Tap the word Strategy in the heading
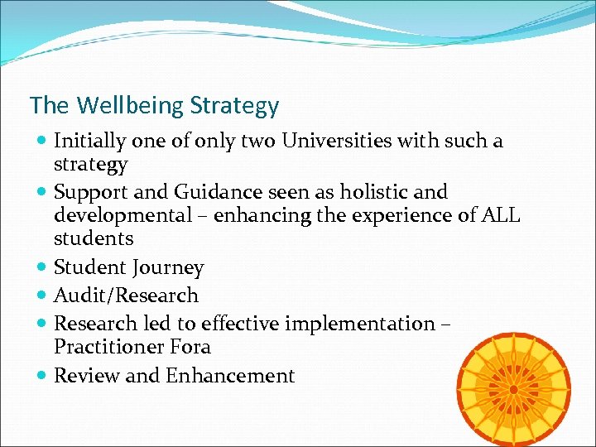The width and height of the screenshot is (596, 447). (x=234, y=107)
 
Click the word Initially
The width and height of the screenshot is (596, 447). (x=92, y=141)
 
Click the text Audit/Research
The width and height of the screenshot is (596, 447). (x=126, y=295)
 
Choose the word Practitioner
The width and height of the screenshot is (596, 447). (x=109, y=346)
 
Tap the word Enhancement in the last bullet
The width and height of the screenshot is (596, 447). (x=230, y=376)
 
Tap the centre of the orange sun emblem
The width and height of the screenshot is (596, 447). (x=514, y=389)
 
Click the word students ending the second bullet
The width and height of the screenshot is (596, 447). (x=94, y=239)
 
